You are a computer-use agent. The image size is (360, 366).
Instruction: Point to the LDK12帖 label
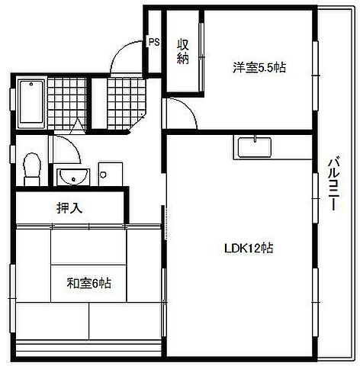(249, 248)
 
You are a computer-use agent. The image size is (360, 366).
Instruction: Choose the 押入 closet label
(70, 207)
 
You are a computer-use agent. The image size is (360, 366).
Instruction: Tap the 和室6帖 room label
(88, 284)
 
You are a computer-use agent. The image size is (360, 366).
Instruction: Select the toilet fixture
(31, 169)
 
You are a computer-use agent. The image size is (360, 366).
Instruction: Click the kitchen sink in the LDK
(254, 145)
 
